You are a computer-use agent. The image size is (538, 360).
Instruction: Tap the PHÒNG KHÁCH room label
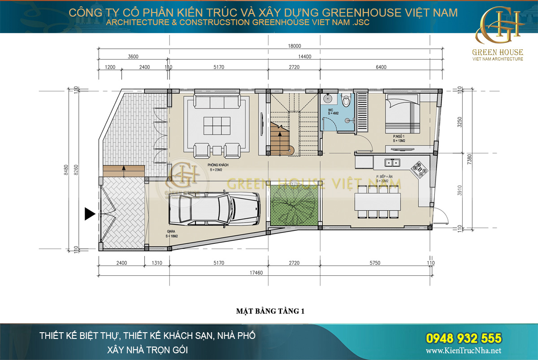click(x=218, y=165)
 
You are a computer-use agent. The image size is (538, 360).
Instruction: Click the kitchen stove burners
click(x=421, y=168)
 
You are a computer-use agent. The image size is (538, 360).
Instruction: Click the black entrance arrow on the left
click(x=90, y=214)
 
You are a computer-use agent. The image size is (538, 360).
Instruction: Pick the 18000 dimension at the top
click(x=295, y=46)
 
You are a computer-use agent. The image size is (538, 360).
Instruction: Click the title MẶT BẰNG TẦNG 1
click(x=270, y=311)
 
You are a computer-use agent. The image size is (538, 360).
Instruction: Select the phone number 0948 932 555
click(x=463, y=338)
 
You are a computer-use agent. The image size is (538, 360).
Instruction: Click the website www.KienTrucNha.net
click(x=463, y=351)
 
